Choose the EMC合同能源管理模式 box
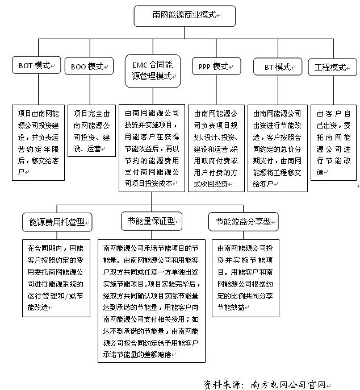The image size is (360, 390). [x=152, y=71]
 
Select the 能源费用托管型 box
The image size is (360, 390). [x=57, y=222]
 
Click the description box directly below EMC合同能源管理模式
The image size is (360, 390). [x=152, y=147]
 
